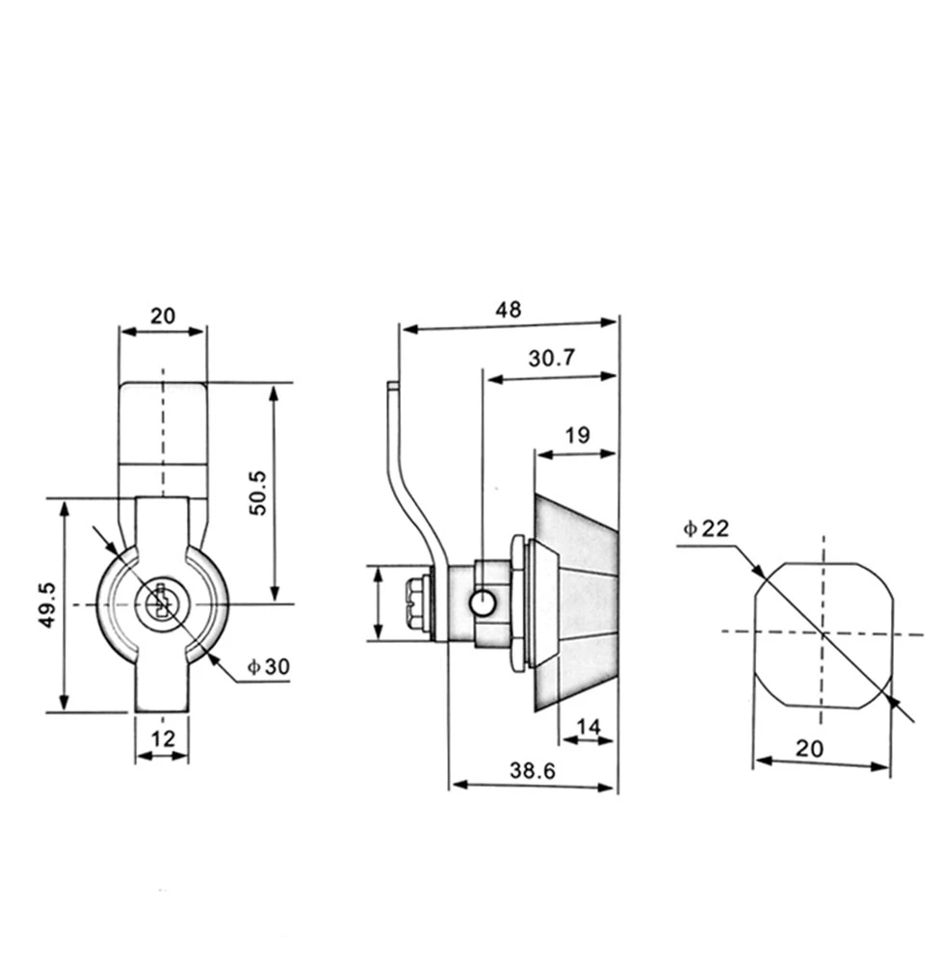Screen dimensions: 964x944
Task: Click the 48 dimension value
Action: [x=508, y=310]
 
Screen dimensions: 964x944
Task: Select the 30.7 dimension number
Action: [x=551, y=359]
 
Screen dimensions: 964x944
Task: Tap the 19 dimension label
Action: [x=577, y=435]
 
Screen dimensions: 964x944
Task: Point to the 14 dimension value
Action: [x=589, y=726]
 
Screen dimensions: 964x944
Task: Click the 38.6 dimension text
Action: [x=533, y=771]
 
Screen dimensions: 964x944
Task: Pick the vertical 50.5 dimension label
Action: [x=258, y=493]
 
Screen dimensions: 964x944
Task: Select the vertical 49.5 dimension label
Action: [x=46, y=605]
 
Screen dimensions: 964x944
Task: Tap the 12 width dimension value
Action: [x=162, y=739]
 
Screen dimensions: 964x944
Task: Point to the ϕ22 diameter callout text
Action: [x=707, y=527]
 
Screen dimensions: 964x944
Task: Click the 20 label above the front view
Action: [x=162, y=315]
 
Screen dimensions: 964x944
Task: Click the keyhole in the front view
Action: [x=161, y=604]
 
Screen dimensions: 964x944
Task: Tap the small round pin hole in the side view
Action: [x=482, y=604]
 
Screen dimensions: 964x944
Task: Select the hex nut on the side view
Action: [x=419, y=604]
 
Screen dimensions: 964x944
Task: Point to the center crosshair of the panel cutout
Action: [x=822, y=633]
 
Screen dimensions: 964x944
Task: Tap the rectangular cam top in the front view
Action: [x=162, y=424]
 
